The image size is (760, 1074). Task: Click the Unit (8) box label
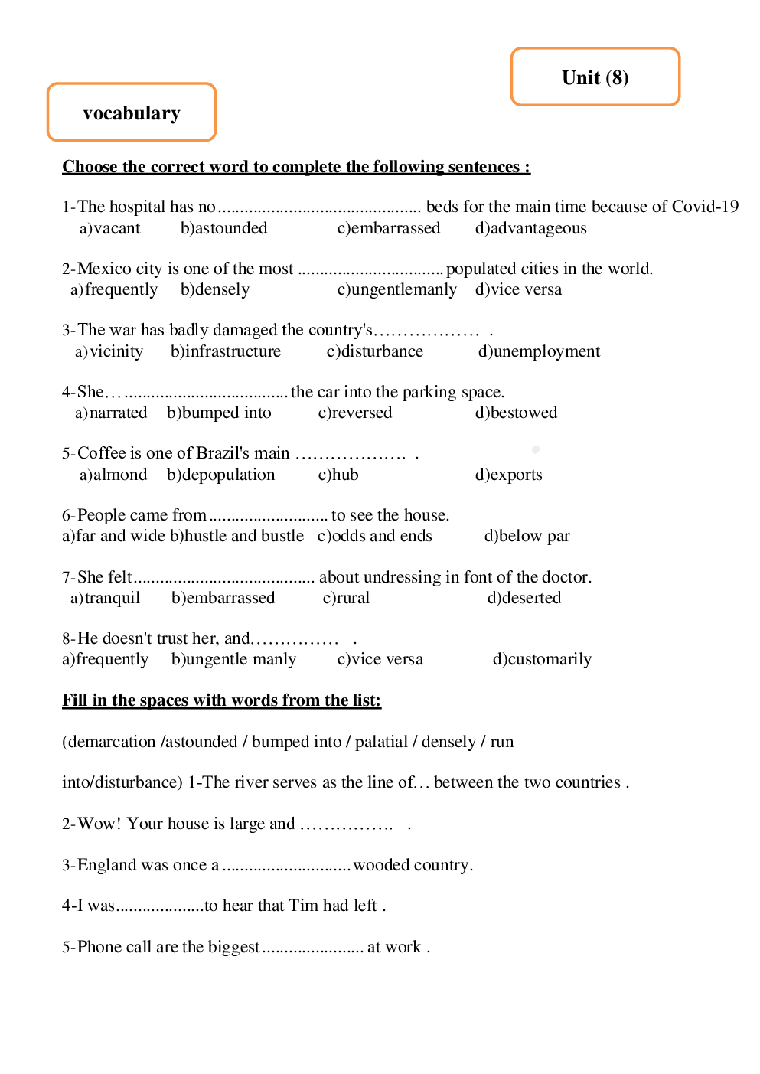(x=595, y=78)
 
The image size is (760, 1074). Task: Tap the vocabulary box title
(x=132, y=113)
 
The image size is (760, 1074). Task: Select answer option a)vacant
(x=110, y=228)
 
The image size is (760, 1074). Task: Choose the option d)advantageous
(x=530, y=228)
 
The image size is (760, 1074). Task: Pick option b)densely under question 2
(x=215, y=290)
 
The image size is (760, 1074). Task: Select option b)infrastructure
(x=226, y=351)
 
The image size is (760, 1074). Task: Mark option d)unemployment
(x=539, y=351)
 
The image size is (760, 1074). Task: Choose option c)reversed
(x=355, y=413)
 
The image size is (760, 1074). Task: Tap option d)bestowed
(x=516, y=413)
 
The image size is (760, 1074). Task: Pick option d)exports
(x=508, y=475)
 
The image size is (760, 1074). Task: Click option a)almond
(x=113, y=475)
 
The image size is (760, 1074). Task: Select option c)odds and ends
(x=375, y=536)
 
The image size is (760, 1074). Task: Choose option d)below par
(x=527, y=536)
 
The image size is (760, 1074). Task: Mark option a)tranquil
(x=106, y=598)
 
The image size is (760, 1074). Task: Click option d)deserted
(x=524, y=598)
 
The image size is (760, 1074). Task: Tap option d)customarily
(x=542, y=659)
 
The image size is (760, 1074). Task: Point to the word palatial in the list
(x=381, y=742)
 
